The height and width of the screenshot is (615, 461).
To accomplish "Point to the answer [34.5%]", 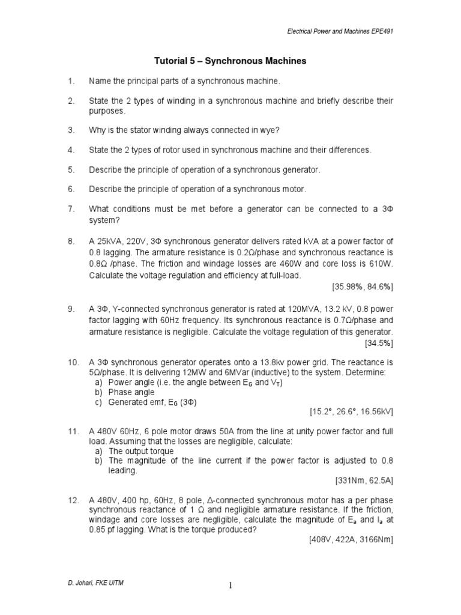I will pyautogui.click(x=379, y=344).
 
